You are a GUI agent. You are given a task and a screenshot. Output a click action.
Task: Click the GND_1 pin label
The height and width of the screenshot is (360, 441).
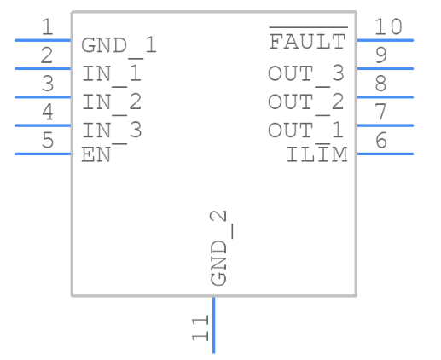[x=119, y=47]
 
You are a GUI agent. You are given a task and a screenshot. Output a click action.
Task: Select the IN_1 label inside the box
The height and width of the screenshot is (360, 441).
[x=112, y=75]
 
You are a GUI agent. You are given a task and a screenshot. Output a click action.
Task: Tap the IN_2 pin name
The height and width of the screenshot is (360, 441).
[x=112, y=103]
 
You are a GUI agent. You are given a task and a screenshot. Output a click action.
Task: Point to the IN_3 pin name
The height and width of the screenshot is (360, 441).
[x=112, y=132]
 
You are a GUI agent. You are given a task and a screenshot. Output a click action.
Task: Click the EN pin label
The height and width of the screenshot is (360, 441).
[x=96, y=155]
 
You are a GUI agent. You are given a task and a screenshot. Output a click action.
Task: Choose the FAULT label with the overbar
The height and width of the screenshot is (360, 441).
[x=308, y=38]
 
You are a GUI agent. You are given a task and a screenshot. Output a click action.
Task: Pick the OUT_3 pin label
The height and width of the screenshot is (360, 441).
[x=306, y=75]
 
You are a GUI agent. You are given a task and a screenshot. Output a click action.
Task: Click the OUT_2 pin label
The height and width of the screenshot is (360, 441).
[x=306, y=103]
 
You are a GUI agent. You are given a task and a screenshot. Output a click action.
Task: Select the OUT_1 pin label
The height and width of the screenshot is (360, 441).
[x=306, y=132]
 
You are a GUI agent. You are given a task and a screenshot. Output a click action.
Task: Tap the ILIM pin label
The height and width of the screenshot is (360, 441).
[x=316, y=154]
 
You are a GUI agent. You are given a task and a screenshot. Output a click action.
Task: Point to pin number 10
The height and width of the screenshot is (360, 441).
[x=388, y=26]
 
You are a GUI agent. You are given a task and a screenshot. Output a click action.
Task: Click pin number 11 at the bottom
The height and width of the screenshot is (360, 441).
[x=200, y=328]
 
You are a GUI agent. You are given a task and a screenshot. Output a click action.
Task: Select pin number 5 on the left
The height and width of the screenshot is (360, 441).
[x=48, y=140]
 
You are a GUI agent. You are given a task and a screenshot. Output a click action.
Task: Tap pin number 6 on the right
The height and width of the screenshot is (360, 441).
[x=381, y=140]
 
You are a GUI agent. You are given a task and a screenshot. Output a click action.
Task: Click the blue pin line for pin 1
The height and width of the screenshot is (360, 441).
[x=43, y=40]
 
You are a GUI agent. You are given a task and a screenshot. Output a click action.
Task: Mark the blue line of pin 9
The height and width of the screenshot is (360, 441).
[x=386, y=69]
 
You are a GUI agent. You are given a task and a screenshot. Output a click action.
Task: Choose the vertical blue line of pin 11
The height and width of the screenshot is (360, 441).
[x=214, y=325]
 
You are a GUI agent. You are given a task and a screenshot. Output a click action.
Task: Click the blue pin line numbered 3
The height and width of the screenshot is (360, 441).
[x=43, y=97]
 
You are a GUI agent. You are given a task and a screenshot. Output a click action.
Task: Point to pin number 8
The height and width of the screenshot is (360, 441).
[x=381, y=84]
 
